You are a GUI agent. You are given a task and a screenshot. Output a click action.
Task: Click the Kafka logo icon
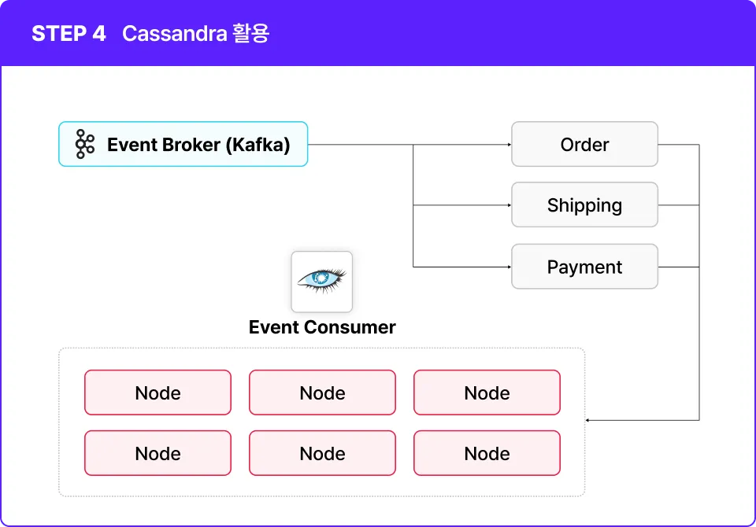pyautogui.click(x=85, y=144)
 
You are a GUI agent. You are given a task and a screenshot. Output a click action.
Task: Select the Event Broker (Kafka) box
pyautogui.click(x=183, y=144)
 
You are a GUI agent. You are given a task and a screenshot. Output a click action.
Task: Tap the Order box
pyautogui.click(x=584, y=144)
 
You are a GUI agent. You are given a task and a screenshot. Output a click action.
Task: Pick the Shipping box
pyautogui.click(x=584, y=205)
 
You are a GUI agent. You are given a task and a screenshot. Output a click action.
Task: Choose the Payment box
pyautogui.click(x=584, y=267)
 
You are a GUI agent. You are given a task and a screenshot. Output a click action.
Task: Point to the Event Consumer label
pyautogui.click(x=322, y=327)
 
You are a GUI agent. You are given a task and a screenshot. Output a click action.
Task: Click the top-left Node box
pyautogui.click(x=157, y=392)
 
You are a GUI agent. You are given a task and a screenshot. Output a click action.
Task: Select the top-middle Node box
pyautogui.click(x=323, y=392)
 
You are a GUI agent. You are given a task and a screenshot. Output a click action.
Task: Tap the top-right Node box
pyautogui.click(x=487, y=392)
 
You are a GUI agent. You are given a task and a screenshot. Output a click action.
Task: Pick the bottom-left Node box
pyautogui.click(x=157, y=453)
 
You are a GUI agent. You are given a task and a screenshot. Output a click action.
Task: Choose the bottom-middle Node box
pyautogui.click(x=323, y=453)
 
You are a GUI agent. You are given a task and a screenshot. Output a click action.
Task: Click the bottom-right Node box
pyautogui.click(x=487, y=453)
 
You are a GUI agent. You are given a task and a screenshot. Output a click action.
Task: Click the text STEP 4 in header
pyautogui.click(x=69, y=34)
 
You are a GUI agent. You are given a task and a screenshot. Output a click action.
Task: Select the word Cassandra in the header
pyautogui.click(x=175, y=34)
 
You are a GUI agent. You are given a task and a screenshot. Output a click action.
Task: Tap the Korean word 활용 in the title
pyautogui.click(x=250, y=34)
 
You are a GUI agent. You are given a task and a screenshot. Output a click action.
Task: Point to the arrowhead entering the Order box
pyautogui.click(x=510, y=145)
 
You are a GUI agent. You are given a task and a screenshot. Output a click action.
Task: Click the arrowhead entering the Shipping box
pyautogui.click(x=510, y=205)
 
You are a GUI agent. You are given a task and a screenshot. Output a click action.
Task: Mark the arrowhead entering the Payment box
pyautogui.click(x=510, y=267)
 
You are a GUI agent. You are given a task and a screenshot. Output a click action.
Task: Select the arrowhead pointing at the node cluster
pyautogui.click(x=587, y=421)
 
